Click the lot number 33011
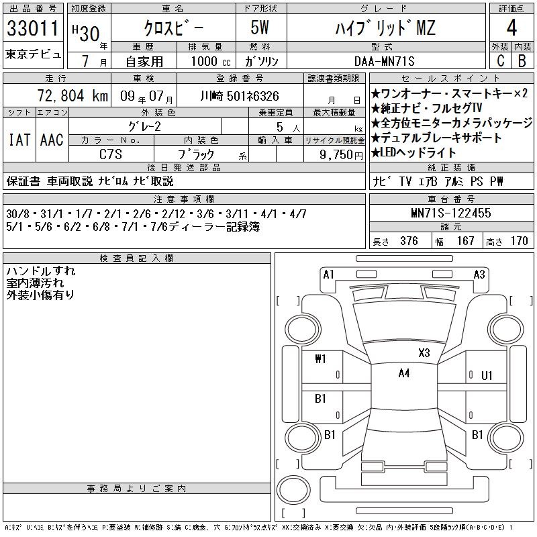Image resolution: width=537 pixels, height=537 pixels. (33, 28)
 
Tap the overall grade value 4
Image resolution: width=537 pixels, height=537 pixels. (511, 28)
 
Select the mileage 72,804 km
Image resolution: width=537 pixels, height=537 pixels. (72, 95)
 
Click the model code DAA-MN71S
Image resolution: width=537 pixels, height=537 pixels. (384, 61)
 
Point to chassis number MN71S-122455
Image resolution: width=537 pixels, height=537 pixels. (450, 213)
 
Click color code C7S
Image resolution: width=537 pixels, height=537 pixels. (111, 154)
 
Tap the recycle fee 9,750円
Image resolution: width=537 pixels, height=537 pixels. (341, 154)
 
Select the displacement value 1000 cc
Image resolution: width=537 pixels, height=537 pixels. (211, 61)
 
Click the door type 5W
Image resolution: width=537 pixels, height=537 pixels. (260, 28)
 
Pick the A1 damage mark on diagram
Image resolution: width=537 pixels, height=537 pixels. (328, 275)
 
